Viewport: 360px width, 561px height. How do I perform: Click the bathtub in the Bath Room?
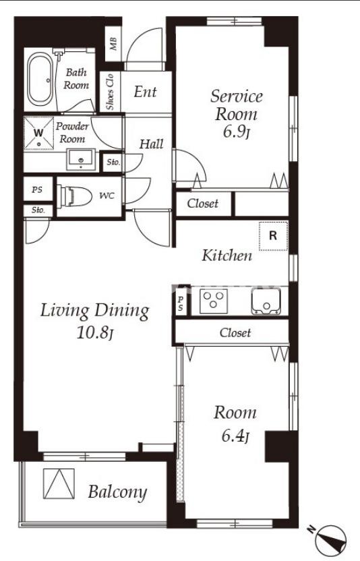(x=40, y=80)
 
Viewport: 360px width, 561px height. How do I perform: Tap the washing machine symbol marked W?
(x=38, y=133)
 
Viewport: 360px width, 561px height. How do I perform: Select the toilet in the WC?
(x=74, y=196)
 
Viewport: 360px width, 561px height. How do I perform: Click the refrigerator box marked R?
(x=273, y=236)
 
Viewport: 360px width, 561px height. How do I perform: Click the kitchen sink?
(x=266, y=301)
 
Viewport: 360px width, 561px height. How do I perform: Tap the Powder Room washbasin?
(x=81, y=160)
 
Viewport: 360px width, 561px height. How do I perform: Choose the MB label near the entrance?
(x=113, y=44)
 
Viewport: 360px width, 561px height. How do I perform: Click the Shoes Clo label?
(x=110, y=92)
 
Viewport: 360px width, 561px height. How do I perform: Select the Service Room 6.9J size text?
(x=236, y=131)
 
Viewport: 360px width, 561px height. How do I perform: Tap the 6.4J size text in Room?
(x=235, y=436)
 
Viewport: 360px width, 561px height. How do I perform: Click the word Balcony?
(x=117, y=492)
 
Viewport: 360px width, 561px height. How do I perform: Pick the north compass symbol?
(x=331, y=541)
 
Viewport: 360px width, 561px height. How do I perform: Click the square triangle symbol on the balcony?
(x=59, y=483)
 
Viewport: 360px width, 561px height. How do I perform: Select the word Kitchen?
(x=227, y=256)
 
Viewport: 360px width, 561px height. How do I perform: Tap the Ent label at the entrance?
(x=145, y=92)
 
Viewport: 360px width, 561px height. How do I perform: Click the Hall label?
(x=152, y=144)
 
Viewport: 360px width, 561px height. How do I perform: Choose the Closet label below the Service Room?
(x=202, y=204)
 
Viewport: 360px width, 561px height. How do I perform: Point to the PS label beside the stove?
(x=181, y=303)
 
